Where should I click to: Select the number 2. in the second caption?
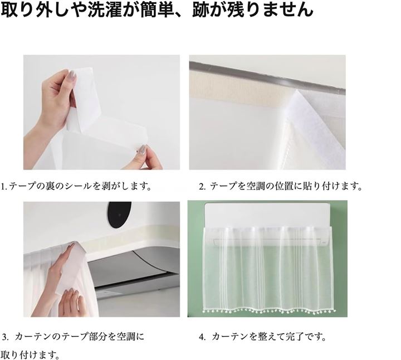tap(202, 186)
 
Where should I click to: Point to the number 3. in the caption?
tap(6, 337)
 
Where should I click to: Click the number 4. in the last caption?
tap(202, 337)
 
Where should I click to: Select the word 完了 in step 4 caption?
tap(295, 337)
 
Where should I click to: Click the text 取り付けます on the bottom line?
tap(28, 355)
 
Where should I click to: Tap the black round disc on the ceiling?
tap(119, 215)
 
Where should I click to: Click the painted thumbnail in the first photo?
tap(72, 75)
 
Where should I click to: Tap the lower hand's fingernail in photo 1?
tap(144, 149)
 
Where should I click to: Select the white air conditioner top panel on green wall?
tap(267, 215)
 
